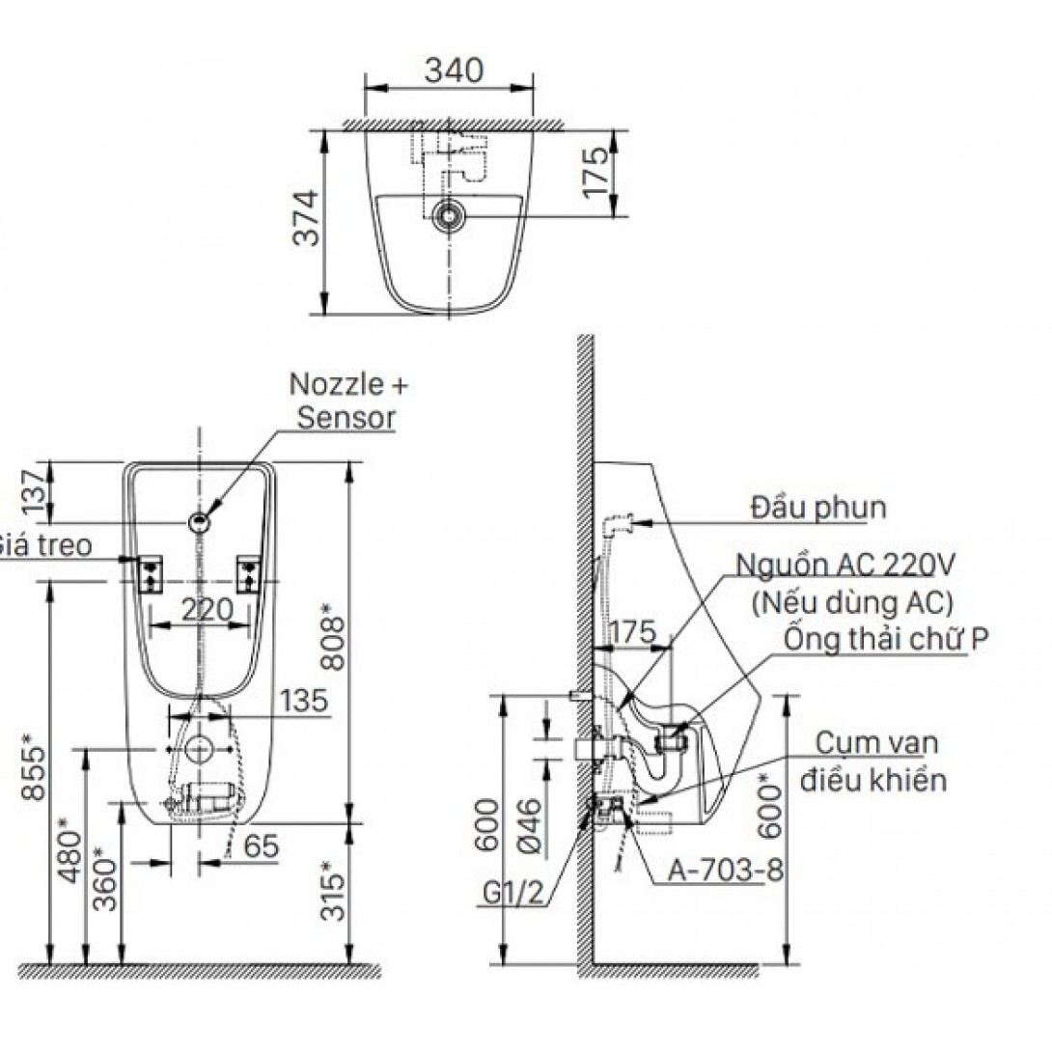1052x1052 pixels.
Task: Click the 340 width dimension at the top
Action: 452,69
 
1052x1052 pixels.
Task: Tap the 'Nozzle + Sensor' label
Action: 346,401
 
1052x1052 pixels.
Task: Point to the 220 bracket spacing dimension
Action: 207,609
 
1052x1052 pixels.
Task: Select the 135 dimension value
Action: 304,700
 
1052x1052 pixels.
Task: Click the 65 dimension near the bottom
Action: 262,845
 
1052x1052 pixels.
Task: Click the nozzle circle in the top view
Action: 447,215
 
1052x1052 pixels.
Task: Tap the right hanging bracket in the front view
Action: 249,574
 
